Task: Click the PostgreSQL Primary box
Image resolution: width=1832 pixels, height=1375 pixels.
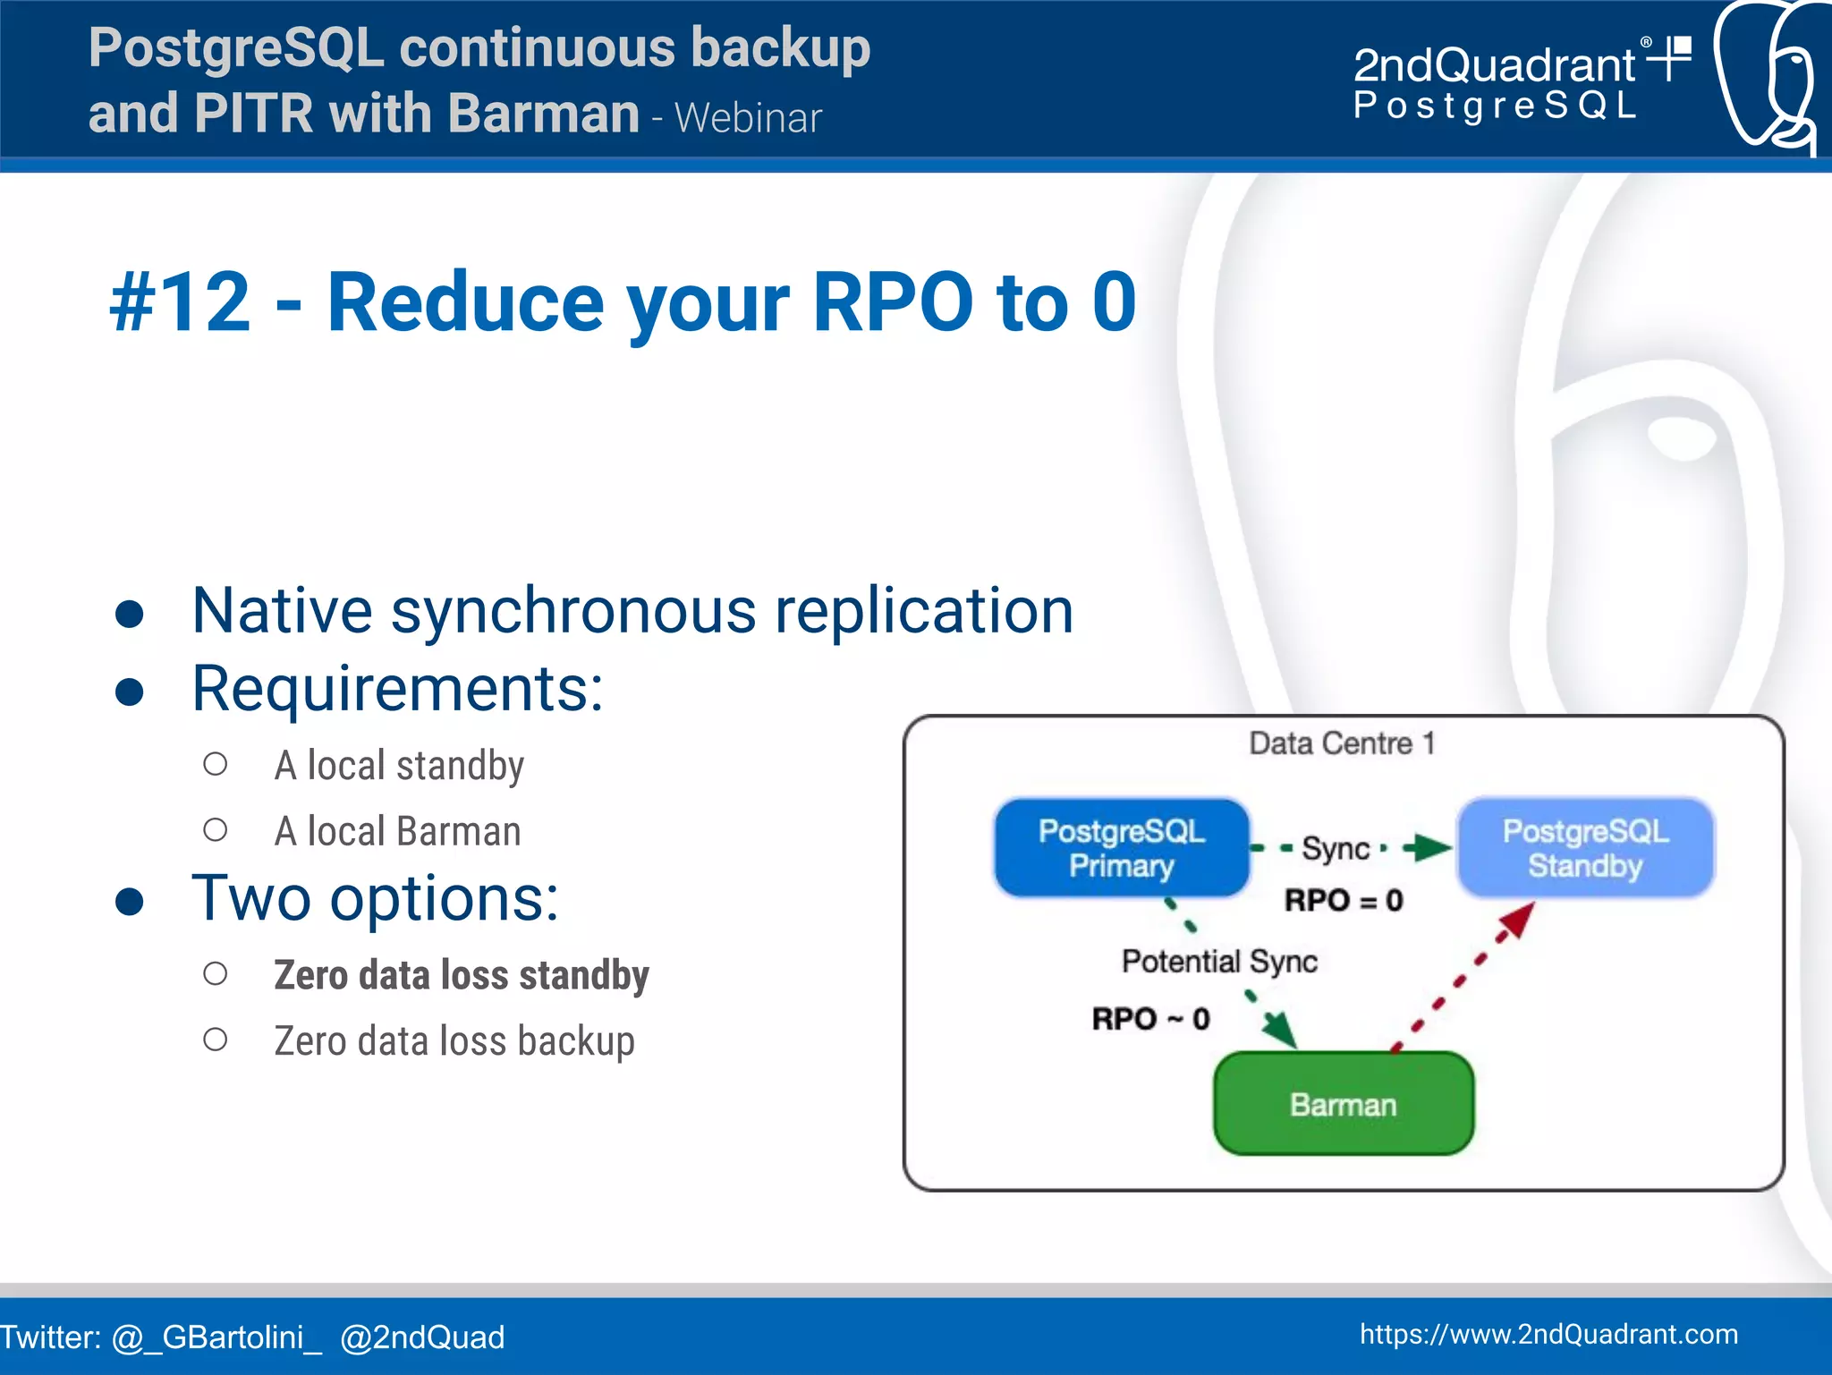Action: point(1121,848)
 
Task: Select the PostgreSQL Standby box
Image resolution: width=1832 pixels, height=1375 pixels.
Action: point(1585,848)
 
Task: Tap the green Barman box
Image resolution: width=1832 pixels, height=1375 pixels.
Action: point(1343,1105)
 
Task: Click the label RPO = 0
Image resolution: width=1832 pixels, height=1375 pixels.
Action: point(1344,900)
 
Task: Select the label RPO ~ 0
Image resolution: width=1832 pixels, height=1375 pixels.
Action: point(1150,1019)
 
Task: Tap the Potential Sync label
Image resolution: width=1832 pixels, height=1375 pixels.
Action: point(1219,962)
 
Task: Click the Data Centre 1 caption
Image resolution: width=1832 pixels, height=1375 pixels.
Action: point(1342,743)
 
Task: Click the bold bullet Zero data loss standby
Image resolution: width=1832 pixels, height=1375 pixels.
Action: point(462,975)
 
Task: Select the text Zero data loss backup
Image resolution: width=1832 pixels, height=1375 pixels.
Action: point(454,1041)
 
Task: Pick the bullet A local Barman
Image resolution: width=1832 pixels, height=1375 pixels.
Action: point(397,832)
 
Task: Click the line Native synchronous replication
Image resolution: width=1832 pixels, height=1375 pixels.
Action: point(632,611)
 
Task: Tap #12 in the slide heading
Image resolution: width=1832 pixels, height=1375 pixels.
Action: point(180,302)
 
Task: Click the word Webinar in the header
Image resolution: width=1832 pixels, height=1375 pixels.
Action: point(748,118)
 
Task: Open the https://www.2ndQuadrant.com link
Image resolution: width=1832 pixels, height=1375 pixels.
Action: point(1548,1335)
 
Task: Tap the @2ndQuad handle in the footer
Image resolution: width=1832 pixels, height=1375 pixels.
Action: point(422,1337)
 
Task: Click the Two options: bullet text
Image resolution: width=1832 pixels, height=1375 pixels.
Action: point(376,898)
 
